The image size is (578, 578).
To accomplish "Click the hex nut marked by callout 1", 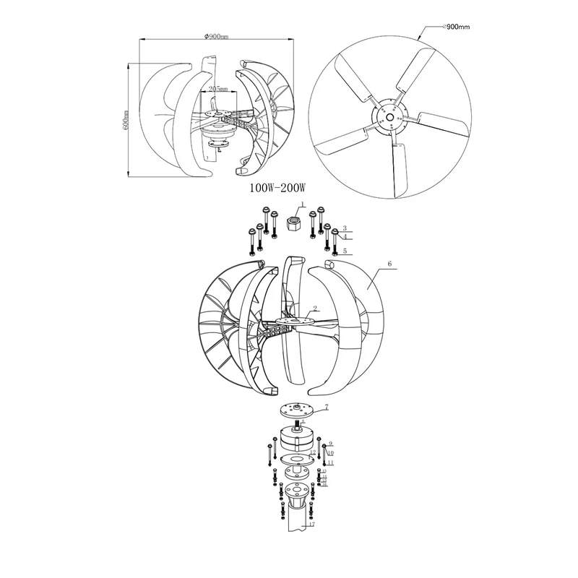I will pyautogui.click(x=295, y=224).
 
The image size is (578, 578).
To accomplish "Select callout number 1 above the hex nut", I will pyautogui.click(x=304, y=206).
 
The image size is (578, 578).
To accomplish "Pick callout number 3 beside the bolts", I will pyautogui.click(x=345, y=227).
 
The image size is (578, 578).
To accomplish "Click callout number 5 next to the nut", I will pyautogui.click(x=345, y=251).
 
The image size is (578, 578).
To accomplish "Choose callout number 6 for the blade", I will pyautogui.click(x=389, y=265).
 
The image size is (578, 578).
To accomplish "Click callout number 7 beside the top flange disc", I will pyautogui.click(x=326, y=407).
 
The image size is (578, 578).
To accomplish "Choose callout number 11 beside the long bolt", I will pyautogui.click(x=330, y=462).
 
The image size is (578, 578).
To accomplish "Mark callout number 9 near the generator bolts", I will pyautogui.click(x=330, y=442).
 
